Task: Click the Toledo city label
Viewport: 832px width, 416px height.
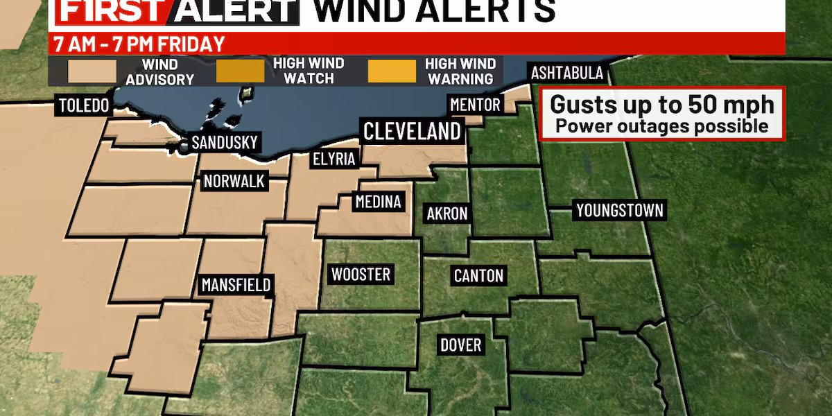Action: coord(85,106)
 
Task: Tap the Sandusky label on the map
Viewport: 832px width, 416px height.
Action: coord(224,144)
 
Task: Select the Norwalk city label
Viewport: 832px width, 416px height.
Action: coord(234,182)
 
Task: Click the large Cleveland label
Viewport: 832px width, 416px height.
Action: coord(413,131)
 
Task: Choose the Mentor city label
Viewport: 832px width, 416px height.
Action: coord(475,105)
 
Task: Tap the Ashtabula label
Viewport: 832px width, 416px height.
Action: coord(567,73)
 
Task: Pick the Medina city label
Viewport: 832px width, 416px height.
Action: coord(378,202)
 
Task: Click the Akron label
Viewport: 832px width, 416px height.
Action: coord(447,214)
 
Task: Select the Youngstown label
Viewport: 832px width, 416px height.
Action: coord(620,210)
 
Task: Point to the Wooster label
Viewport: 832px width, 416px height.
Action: coord(361,275)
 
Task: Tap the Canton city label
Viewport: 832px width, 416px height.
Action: coord(478,275)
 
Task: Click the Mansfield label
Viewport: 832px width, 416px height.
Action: coord(236,284)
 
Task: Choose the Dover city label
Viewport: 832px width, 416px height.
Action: coord(460,345)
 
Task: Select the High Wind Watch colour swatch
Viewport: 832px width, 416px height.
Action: coord(240,71)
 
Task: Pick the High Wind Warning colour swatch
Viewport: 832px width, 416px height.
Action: coord(392,71)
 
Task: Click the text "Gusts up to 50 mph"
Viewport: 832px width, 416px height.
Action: coord(662,105)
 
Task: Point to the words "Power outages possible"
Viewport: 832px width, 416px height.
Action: coord(662,126)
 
